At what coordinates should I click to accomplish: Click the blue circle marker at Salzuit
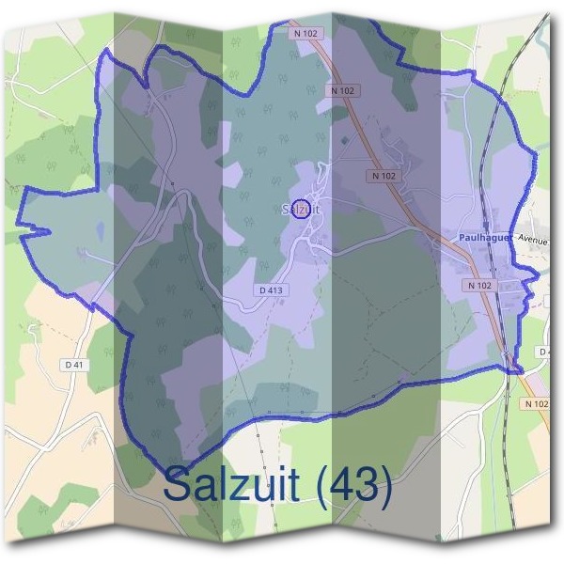[303, 209]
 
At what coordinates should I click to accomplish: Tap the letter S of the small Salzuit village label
[285, 210]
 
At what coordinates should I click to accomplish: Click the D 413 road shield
[271, 290]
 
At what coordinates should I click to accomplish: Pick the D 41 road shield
[75, 364]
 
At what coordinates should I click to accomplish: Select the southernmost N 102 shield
[538, 403]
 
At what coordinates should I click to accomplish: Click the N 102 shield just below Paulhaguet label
[478, 285]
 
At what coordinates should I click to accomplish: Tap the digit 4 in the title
[339, 485]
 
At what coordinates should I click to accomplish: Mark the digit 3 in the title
[365, 485]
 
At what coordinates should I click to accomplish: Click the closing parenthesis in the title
[384, 487]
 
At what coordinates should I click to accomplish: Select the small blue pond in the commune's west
[86, 252]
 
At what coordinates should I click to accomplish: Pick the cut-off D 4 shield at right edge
[546, 352]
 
